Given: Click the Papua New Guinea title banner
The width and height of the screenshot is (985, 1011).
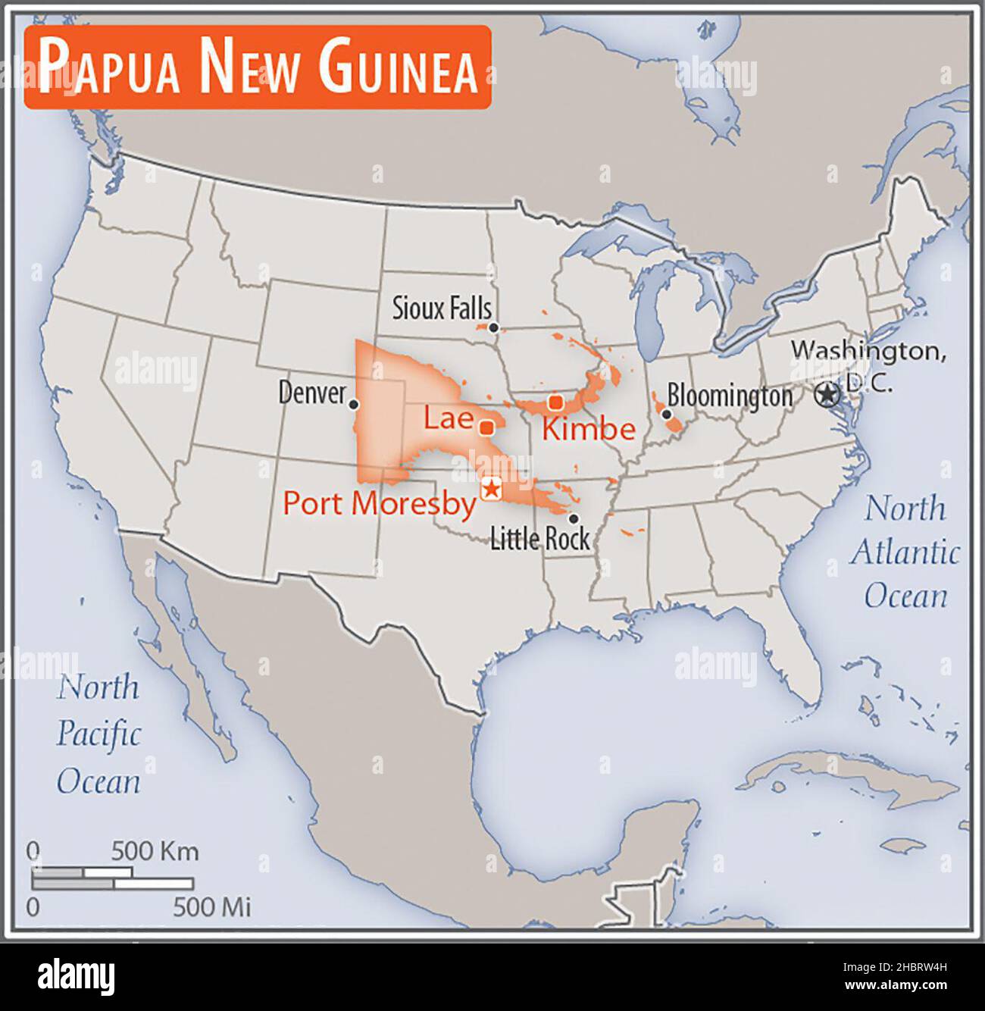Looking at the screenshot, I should pos(258,67).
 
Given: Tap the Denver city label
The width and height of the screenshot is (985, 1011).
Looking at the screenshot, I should pos(311,393).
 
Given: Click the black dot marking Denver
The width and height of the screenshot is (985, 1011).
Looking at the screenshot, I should pos(353,405).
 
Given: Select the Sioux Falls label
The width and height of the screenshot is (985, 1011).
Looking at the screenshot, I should pos(441,308).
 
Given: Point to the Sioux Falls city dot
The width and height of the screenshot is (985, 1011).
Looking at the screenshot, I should pos(493,327).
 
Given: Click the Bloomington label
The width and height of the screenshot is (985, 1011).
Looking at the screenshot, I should pos(730,396).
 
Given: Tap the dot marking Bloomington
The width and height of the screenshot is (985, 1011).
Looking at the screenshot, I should pos(666,414).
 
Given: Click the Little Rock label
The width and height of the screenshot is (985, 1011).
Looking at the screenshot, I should pos(539,539).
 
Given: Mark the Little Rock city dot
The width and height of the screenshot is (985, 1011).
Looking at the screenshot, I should pos(574,519).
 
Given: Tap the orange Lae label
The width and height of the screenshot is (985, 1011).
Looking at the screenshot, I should pos(448,418).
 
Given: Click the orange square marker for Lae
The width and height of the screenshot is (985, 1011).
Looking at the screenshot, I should pos(487,427).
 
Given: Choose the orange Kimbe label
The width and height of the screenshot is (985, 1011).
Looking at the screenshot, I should pos(588,429).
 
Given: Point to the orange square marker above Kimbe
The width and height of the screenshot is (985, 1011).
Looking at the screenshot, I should pos(556,402).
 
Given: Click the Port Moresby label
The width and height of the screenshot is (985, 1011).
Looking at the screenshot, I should pos(379,503).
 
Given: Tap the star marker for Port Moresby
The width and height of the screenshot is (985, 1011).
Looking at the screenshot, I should pos(491,489).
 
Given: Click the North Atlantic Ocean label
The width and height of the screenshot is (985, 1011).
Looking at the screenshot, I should pos(905,552).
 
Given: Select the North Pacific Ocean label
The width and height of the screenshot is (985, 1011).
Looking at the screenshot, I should pos(98,734).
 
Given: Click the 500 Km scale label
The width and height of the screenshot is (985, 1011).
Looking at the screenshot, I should pos(155,851).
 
